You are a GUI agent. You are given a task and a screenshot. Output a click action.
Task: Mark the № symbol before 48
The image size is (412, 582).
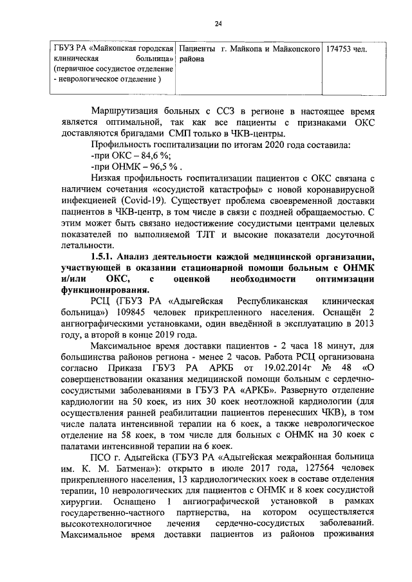click(x=323, y=367)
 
